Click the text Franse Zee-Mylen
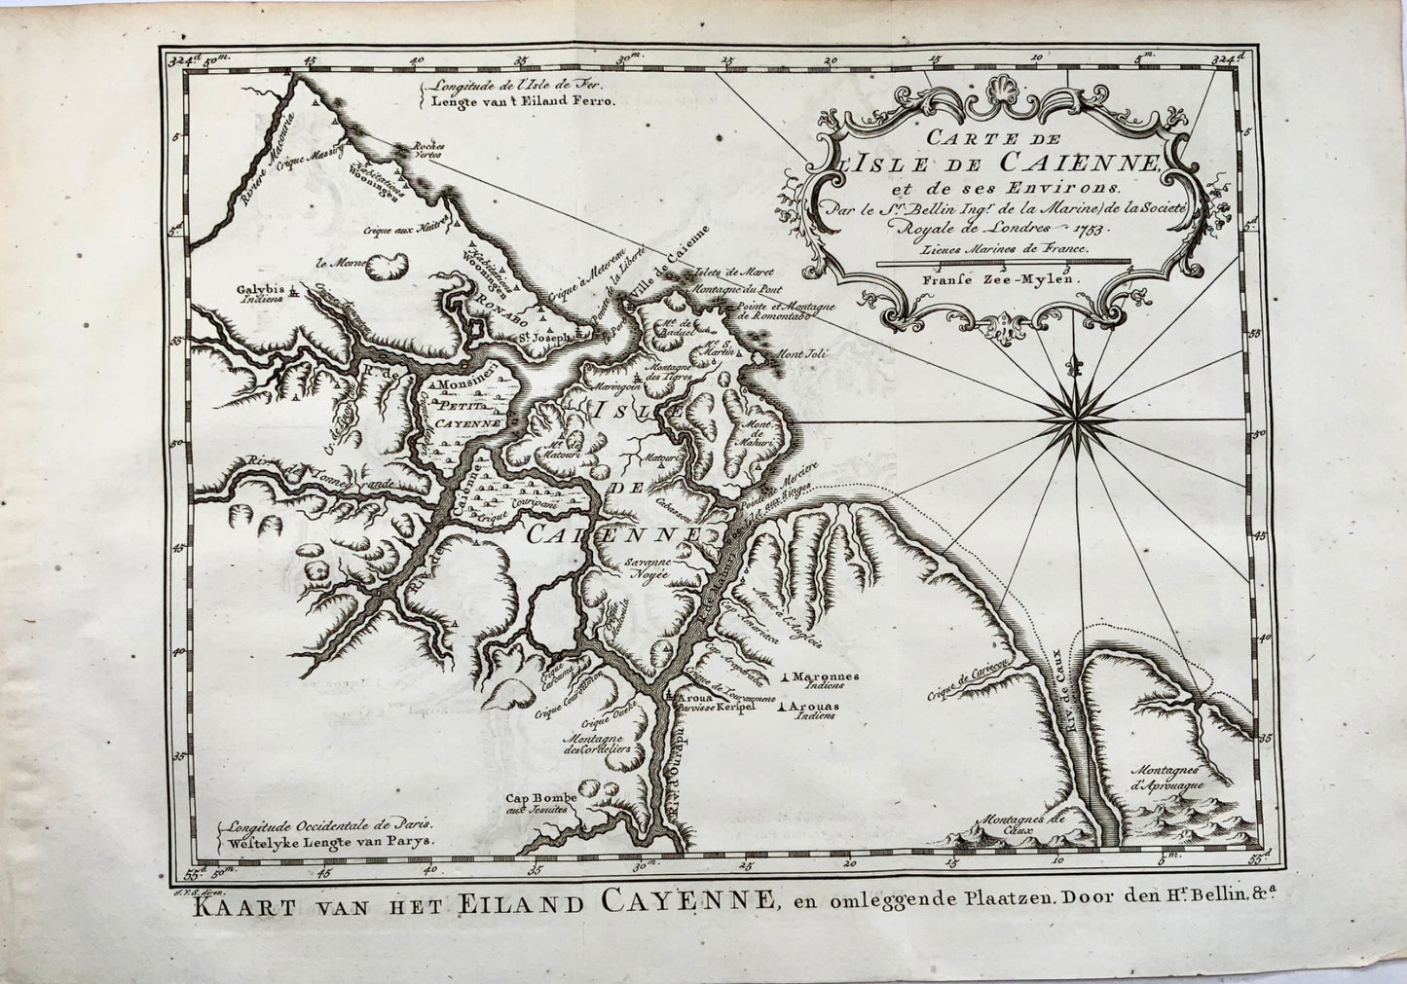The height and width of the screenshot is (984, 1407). click(1002, 273)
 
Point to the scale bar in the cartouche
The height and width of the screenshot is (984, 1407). click(1003, 261)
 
